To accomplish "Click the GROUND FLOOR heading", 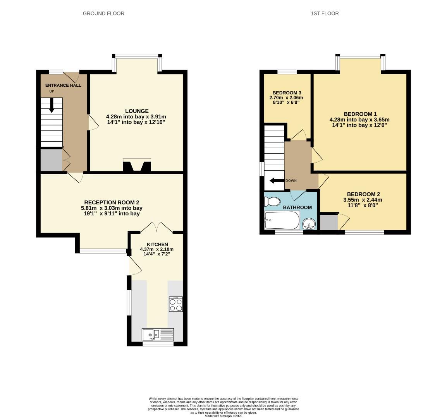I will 103,14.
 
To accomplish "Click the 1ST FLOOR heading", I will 325,14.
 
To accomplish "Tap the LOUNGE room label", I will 136,111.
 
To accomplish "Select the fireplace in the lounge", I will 136,165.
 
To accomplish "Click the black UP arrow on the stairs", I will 52,105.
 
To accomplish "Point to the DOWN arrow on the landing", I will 277,181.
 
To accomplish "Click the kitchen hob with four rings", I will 175,304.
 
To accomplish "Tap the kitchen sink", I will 158,334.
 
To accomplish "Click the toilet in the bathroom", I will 272,202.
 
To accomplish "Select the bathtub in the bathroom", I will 282,221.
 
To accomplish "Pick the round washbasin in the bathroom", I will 309,224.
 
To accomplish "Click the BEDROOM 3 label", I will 287,93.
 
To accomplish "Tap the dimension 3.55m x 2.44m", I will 363,200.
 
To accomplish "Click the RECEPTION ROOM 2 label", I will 112,202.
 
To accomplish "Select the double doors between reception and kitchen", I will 156,227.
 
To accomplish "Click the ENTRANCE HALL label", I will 63,86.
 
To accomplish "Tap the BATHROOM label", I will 297,207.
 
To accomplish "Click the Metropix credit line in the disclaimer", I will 223,416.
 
